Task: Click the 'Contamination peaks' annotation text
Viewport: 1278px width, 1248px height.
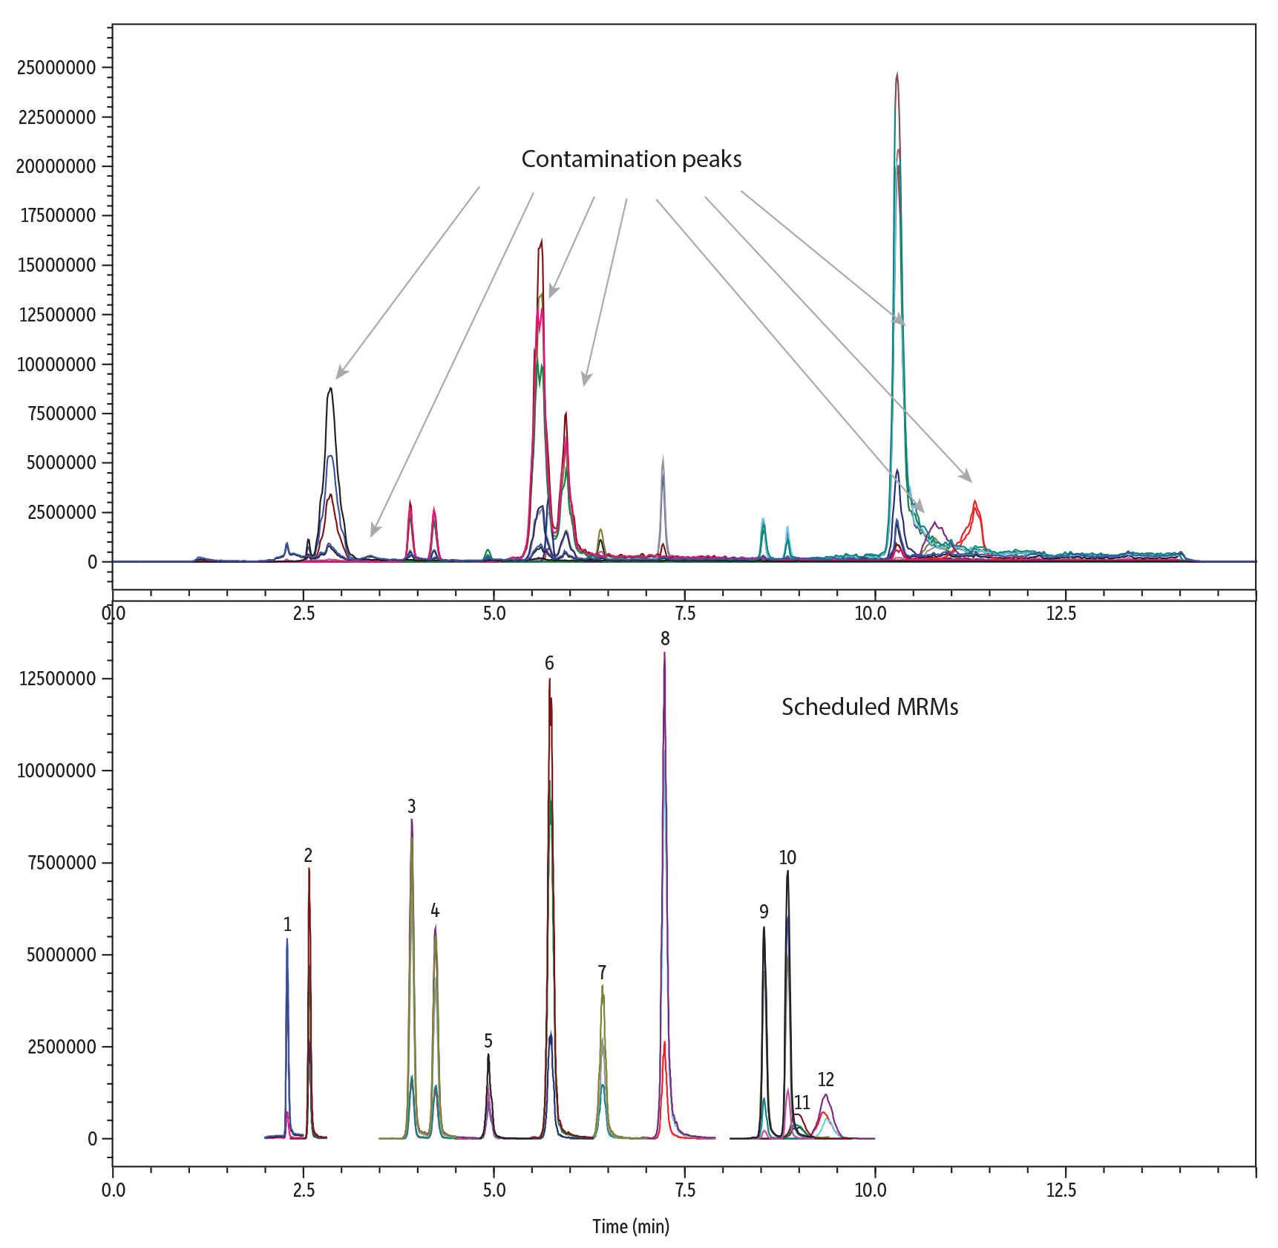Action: point(631,159)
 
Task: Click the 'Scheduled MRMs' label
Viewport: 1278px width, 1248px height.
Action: point(869,706)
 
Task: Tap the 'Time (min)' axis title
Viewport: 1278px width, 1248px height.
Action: point(630,1226)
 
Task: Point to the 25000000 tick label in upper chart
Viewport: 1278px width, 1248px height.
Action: point(56,68)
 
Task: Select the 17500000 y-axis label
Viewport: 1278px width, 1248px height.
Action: point(56,215)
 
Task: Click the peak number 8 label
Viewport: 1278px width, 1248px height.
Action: point(665,638)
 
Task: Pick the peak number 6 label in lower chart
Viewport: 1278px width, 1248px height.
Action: point(549,663)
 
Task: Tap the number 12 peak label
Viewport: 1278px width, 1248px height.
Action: point(825,1079)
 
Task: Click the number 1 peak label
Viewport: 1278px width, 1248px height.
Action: point(287,924)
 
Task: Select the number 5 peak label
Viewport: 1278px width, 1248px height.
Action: point(488,1041)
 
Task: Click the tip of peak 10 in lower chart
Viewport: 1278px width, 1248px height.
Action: point(787,872)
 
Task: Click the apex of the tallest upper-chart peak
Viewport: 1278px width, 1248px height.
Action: point(897,74)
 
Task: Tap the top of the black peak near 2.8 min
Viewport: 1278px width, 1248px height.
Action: point(330,388)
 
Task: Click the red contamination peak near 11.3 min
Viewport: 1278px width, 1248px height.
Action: point(974,502)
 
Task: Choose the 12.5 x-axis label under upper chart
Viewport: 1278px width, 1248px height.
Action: point(1061,613)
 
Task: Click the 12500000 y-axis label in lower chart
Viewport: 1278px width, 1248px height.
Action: point(56,679)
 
